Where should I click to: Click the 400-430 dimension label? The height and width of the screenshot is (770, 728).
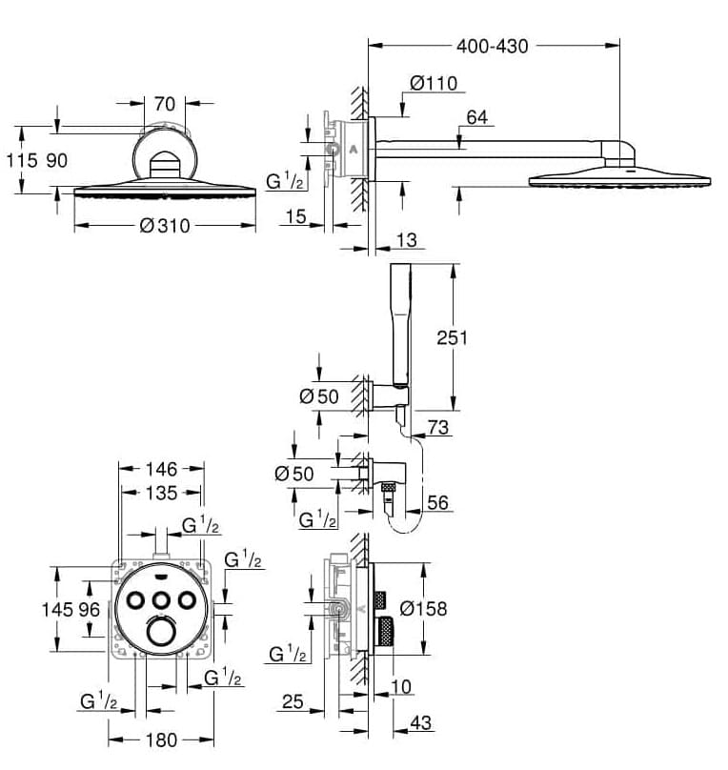(492, 45)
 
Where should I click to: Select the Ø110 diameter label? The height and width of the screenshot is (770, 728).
(434, 84)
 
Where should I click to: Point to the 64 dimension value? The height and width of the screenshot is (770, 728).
(476, 117)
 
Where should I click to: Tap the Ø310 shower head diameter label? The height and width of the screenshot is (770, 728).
(164, 226)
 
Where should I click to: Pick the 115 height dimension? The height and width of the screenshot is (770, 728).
(21, 160)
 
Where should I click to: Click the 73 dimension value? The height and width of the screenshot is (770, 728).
(437, 428)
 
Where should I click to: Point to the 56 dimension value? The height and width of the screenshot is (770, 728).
(437, 502)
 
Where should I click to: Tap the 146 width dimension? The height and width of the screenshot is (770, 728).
(161, 469)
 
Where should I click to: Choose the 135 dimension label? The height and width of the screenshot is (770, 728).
(161, 493)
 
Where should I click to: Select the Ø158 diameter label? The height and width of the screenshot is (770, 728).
(423, 607)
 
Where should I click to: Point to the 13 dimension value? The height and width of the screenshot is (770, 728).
(406, 241)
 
